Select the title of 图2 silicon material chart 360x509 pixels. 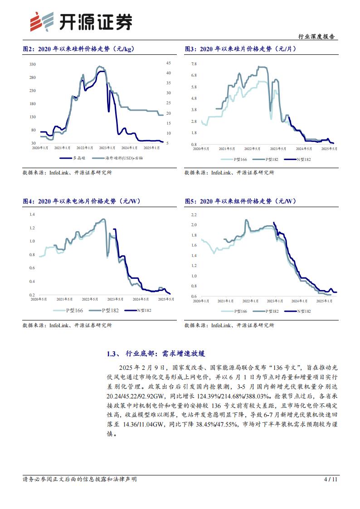pos(78,49)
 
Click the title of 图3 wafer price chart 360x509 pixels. pos(240,49)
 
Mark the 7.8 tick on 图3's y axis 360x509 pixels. pos(194,64)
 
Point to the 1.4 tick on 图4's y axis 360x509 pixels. pos(32,214)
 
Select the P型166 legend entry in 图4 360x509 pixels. pos(69,310)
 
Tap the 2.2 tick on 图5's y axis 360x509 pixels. pos(194,214)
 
